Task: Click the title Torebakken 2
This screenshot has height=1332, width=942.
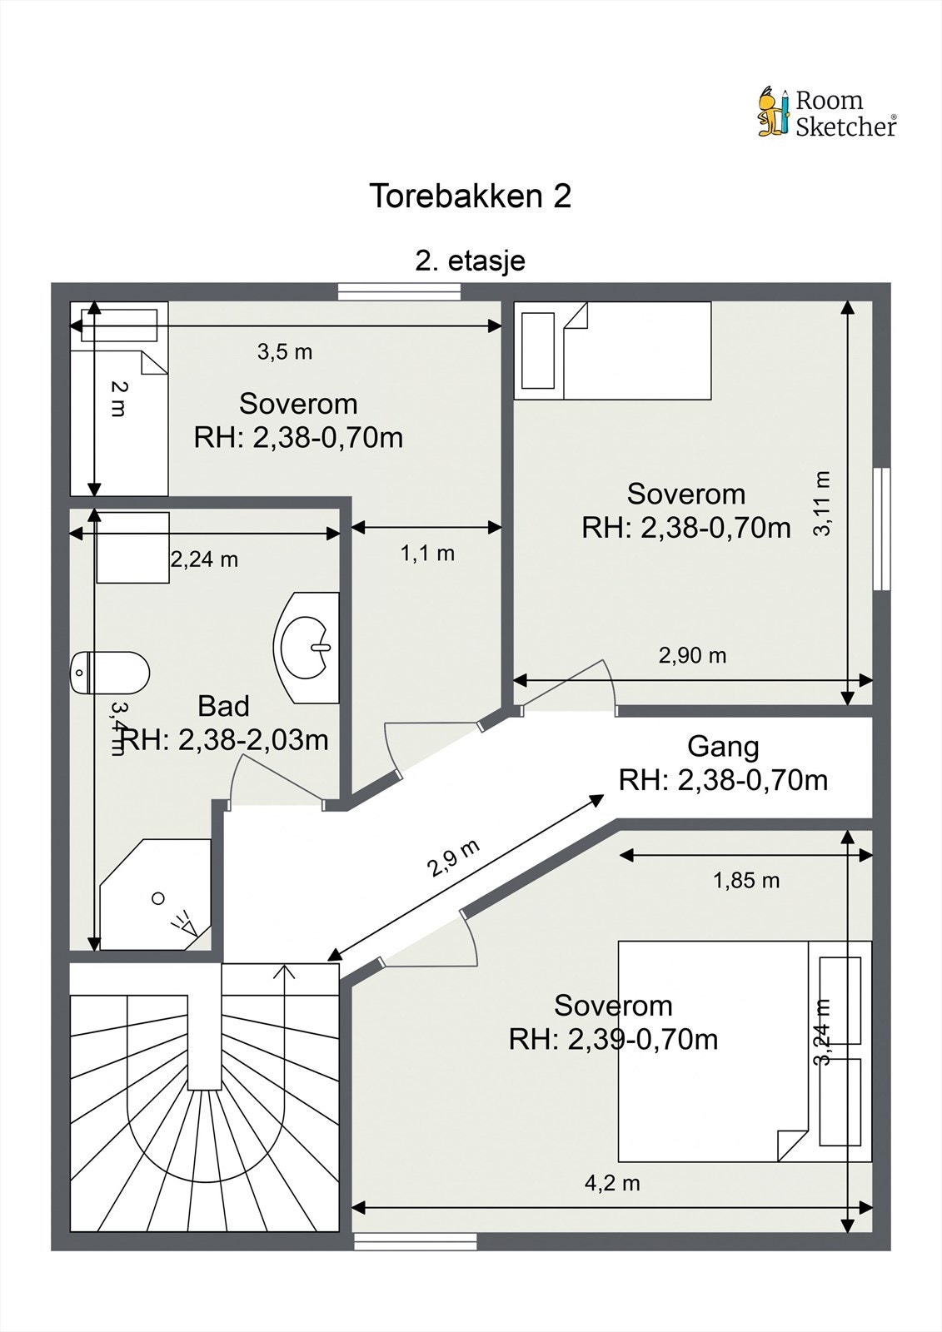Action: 470,196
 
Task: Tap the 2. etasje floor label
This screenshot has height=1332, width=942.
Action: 470,261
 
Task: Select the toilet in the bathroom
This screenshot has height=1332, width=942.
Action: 109,672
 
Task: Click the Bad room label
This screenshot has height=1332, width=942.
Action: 223,706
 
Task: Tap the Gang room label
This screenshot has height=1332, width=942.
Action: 723,747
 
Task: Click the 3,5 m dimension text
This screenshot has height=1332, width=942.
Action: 285,352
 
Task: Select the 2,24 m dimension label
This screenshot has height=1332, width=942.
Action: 204,559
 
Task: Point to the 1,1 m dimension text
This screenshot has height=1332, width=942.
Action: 427,554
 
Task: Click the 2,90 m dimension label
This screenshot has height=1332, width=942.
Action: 693,655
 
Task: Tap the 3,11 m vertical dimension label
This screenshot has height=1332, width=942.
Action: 822,504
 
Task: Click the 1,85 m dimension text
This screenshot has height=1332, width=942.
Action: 746,881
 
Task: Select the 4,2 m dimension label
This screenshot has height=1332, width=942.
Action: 612,1183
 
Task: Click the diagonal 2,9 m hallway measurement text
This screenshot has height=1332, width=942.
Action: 454,858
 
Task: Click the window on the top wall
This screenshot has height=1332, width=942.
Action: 400,291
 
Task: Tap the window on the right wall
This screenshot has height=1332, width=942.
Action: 882,529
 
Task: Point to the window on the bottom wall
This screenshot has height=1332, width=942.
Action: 416,1241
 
